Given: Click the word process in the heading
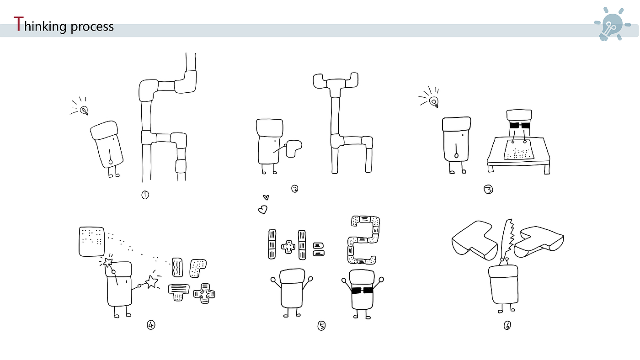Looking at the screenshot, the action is (92, 27).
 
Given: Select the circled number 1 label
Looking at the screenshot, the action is (145, 195).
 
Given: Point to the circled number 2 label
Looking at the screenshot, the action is (294, 189).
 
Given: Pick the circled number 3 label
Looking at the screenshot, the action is (488, 189).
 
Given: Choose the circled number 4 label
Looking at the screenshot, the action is (151, 325).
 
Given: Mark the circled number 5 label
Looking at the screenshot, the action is (321, 326).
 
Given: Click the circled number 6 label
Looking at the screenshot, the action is (507, 325).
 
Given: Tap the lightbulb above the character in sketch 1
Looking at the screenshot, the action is (84, 110).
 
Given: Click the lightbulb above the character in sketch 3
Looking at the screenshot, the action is (434, 102).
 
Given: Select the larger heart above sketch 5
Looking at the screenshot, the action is (262, 210).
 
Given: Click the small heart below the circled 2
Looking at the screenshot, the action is (266, 197).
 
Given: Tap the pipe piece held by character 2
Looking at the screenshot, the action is (293, 148).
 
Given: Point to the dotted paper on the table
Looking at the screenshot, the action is (518, 149).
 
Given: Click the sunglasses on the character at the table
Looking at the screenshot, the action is (519, 125).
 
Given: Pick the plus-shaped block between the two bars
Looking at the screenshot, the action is (288, 247).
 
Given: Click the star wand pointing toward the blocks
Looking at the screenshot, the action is (152, 281).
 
